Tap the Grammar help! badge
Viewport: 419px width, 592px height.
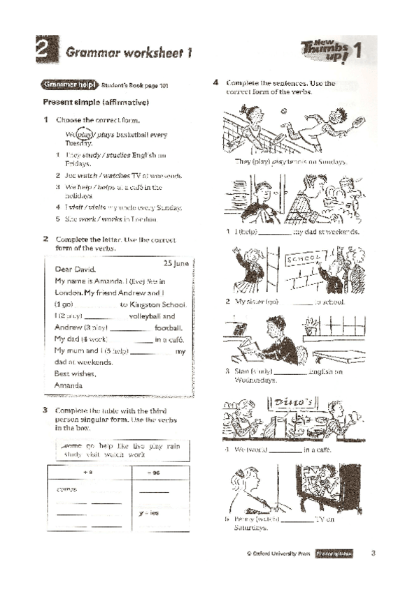point(69,85)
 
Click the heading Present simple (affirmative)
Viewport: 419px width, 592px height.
point(96,103)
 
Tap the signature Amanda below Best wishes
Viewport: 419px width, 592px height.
point(69,385)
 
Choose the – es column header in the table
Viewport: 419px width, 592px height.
point(155,473)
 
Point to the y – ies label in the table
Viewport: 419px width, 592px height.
point(150,513)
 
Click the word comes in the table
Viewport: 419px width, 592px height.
point(67,489)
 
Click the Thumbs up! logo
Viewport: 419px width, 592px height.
point(326,50)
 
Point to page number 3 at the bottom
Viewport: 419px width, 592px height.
point(373,554)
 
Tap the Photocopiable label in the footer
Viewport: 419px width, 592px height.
point(334,554)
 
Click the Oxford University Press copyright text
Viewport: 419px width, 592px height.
point(278,554)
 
